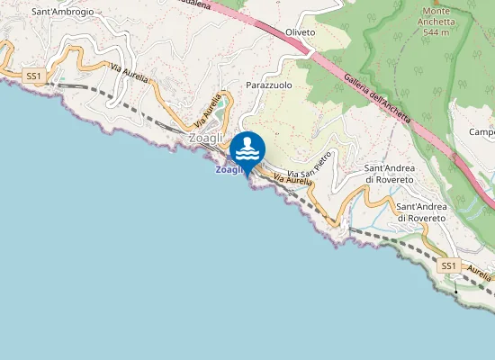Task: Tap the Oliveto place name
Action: pos(300,32)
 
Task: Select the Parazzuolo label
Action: pos(269,84)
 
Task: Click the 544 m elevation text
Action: pos(437,33)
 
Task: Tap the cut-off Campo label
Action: pos(482,133)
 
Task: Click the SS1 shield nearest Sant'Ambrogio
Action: pos(34,77)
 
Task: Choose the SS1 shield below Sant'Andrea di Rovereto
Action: pos(449,266)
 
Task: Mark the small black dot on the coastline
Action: pos(456,292)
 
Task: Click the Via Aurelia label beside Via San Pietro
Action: pos(292,182)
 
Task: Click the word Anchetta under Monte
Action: pos(437,22)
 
